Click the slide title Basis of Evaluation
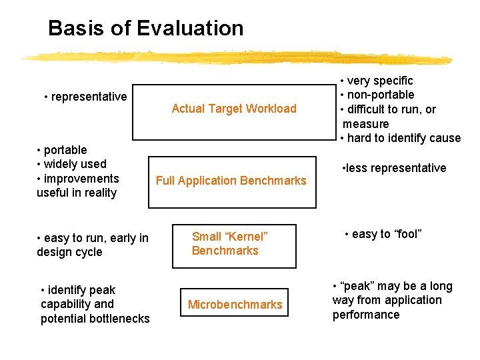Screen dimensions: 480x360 point(145,28)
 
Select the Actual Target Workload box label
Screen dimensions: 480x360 point(234,109)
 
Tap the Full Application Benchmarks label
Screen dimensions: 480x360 point(231,180)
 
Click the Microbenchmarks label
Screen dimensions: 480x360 point(235,305)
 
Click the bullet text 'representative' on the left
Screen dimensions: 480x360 point(89,97)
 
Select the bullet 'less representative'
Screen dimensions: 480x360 point(396,168)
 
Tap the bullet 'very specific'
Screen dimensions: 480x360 point(380,81)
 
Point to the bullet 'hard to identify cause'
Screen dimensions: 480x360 point(403,138)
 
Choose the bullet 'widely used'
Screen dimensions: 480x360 point(75,164)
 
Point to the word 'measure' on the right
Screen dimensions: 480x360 point(365,124)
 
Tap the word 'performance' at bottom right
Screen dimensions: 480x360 point(366,315)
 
